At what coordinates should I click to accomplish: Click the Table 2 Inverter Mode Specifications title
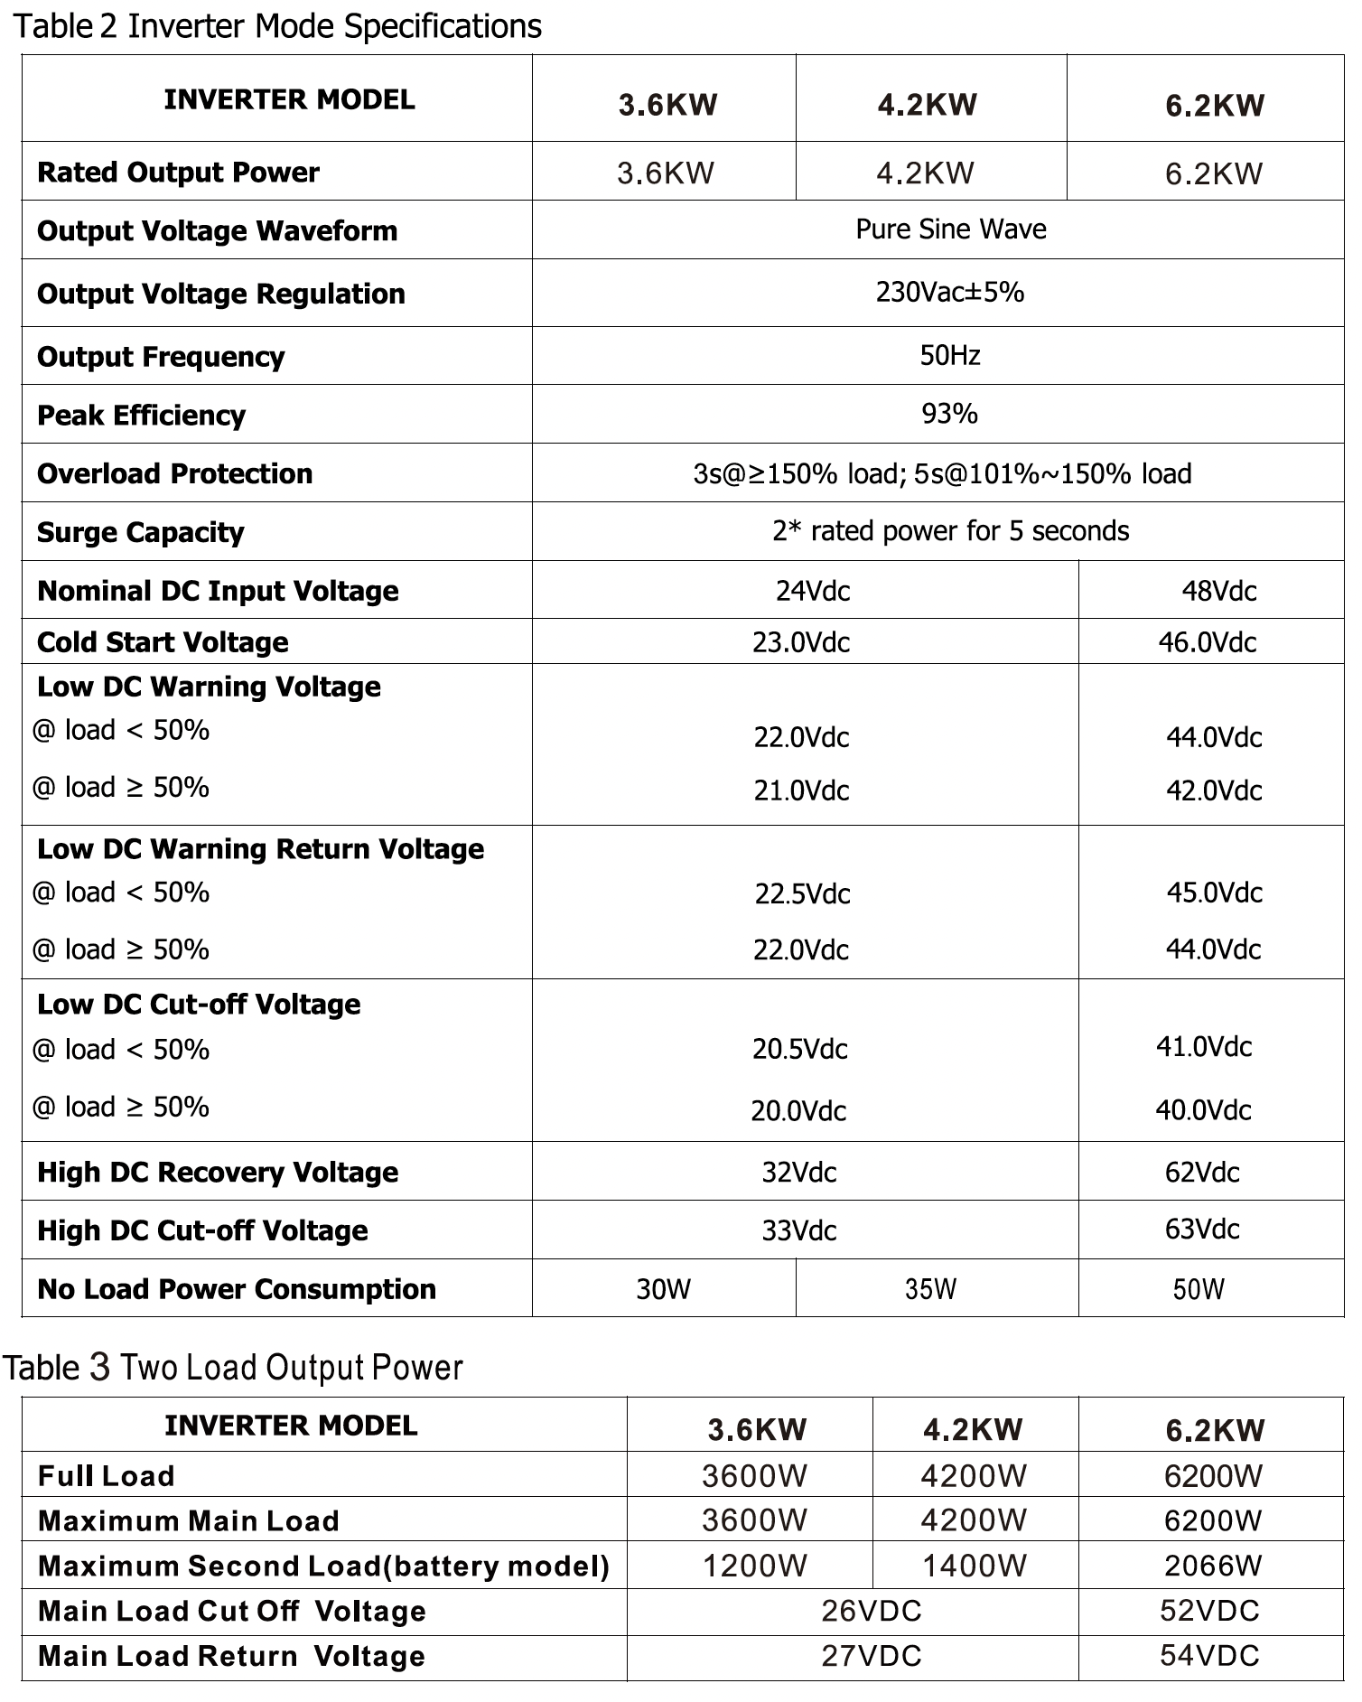pyautogui.click(x=277, y=26)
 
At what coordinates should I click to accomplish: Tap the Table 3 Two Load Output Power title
pyautogui.click(x=233, y=1368)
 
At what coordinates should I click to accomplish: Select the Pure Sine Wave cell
pyautogui.click(x=950, y=229)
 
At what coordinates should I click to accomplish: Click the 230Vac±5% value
pyautogui.click(x=949, y=293)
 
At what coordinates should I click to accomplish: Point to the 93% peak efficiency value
pyautogui.click(x=949, y=414)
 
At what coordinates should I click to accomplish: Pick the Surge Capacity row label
pyautogui.click(x=141, y=532)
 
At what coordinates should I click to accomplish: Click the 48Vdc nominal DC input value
pyautogui.click(x=1218, y=591)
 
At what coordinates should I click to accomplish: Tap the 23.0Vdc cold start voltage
pyautogui.click(x=801, y=642)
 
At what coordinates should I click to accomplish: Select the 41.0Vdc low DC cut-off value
pyautogui.click(x=1204, y=1047)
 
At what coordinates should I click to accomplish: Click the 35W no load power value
pyautogui.click(x=930, y=1289)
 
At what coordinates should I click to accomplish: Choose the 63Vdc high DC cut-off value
pyautogui.click(x=1202, y=1229)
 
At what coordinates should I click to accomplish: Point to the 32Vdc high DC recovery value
pyautogui.click(x=799, y=1173)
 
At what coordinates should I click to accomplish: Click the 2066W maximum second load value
pyautogui.click(x=1212, y=1566)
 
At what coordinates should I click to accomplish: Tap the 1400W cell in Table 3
pyautogui.click(x=974, y=1566)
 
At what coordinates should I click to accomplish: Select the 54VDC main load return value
pyautogui.click(x=1209, y=1655)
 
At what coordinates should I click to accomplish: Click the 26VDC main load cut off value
pyautogui.click(x=872, y=1611)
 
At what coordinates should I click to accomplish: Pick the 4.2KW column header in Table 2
pyautogui.click(x=927, y=105)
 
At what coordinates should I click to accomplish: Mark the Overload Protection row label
pyautogui.click(x=175, y=473)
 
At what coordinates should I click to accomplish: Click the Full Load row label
pyautogui.click(x=107, y=1476)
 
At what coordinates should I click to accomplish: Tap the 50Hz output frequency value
pyautogui.click(x=950, y=355)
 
